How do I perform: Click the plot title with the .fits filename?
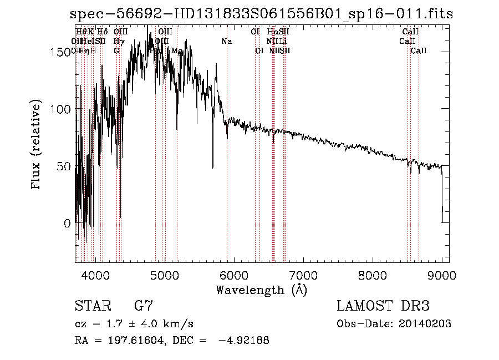262,14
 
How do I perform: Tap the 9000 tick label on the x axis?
442,276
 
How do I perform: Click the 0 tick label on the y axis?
68,224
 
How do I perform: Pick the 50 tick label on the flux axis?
64,166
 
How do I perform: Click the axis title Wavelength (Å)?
262,290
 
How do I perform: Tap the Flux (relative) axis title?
37,145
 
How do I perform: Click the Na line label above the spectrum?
226,42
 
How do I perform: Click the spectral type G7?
144,306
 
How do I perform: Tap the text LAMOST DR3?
383,306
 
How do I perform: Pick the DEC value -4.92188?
244,341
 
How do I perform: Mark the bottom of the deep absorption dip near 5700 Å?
213,167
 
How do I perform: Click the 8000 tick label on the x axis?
373,276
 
